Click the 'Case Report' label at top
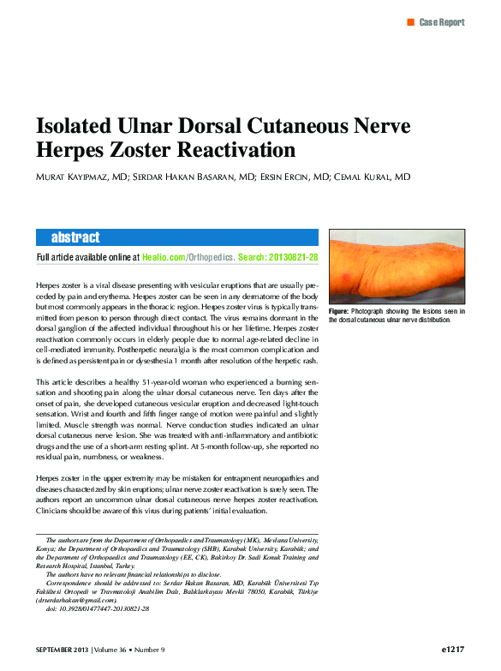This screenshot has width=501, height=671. point(442,22)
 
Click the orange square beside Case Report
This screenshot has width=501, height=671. point(411,21)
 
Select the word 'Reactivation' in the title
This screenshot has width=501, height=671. point(236,151)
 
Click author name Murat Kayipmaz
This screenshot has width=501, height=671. point(81,177)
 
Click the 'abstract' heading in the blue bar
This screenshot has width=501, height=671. point(75,237)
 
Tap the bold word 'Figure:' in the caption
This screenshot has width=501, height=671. point(339,311)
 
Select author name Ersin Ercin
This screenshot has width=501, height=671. point(284,177)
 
